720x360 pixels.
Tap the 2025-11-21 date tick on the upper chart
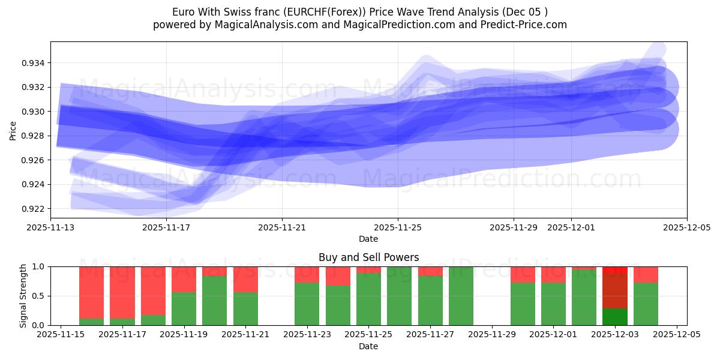click(282, 228)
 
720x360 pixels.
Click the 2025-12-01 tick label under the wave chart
click(571, 228)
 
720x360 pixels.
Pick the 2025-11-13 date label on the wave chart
click(51, 228)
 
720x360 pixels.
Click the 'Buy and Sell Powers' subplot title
click(368, 257)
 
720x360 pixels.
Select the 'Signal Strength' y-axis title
click(23, 296)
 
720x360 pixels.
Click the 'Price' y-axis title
click(13, 130)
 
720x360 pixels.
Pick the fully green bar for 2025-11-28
click(461, 296)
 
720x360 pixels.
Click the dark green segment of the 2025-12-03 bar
click(615, 317)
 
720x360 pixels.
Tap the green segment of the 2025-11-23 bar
click(307, 304)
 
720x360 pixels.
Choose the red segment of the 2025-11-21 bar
click(245, 279)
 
